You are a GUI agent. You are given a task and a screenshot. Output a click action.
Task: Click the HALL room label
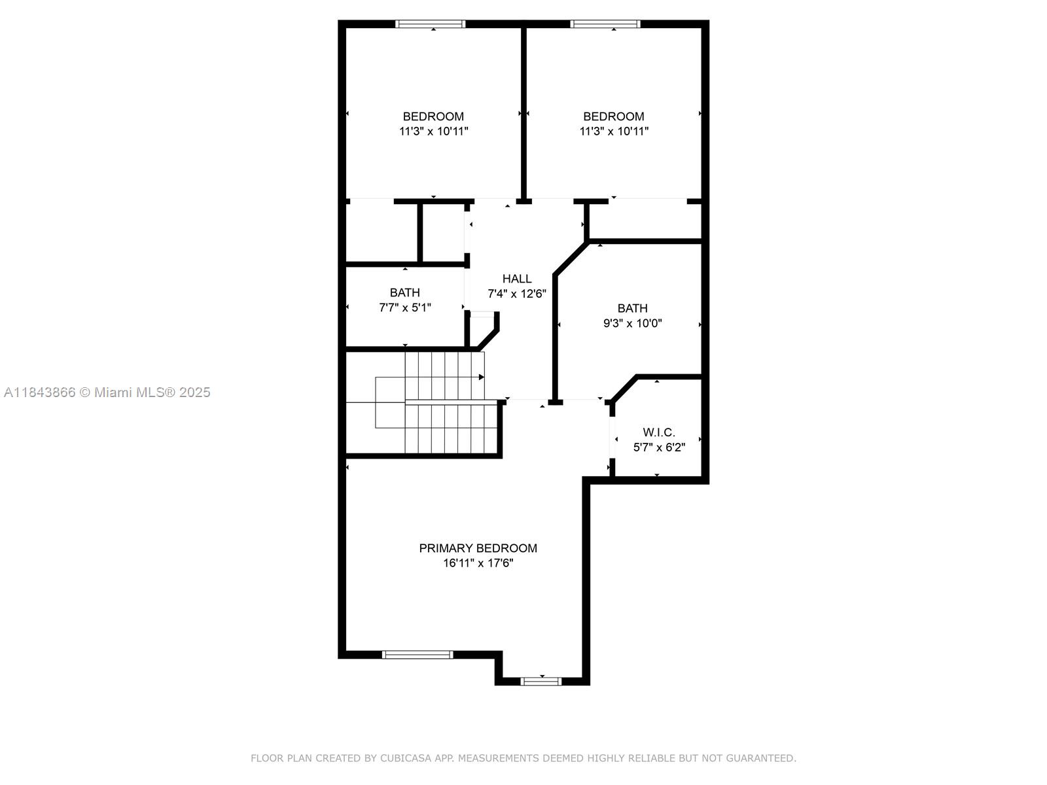coord(516,279)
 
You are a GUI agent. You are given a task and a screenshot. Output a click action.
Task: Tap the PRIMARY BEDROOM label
coord(478,548)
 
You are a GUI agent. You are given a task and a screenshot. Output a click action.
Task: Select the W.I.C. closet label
coord(659,432)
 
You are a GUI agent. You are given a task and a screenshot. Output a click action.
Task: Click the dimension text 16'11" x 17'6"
coord(478,563)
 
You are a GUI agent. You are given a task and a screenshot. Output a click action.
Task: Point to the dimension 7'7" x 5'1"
coord(405,308)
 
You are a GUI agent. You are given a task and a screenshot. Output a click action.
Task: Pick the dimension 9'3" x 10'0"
coord(633,323)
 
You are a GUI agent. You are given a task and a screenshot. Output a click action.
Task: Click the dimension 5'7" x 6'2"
coord(659,447)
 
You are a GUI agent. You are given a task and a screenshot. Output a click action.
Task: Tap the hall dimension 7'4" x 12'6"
coord(516,294)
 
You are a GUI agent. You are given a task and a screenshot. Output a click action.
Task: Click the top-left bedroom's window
coord(430,24)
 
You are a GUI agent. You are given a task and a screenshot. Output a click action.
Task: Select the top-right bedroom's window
coord(605,24)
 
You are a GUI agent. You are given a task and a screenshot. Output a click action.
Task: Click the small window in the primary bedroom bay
coord(541,682)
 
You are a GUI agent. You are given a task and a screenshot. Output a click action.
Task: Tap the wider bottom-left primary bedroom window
coord(417,655)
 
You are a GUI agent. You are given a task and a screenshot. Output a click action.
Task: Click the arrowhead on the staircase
coord(482,377)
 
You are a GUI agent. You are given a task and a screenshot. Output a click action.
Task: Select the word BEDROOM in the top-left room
coord(433,116)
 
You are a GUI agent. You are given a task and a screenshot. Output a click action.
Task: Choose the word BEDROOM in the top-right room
coord(613,116)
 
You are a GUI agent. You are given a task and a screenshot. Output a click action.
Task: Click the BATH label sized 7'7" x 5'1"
coord(405,292)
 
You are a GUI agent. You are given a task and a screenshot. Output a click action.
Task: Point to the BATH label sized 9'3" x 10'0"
coord(633,308)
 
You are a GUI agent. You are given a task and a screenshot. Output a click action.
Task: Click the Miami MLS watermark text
coord(107,392)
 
